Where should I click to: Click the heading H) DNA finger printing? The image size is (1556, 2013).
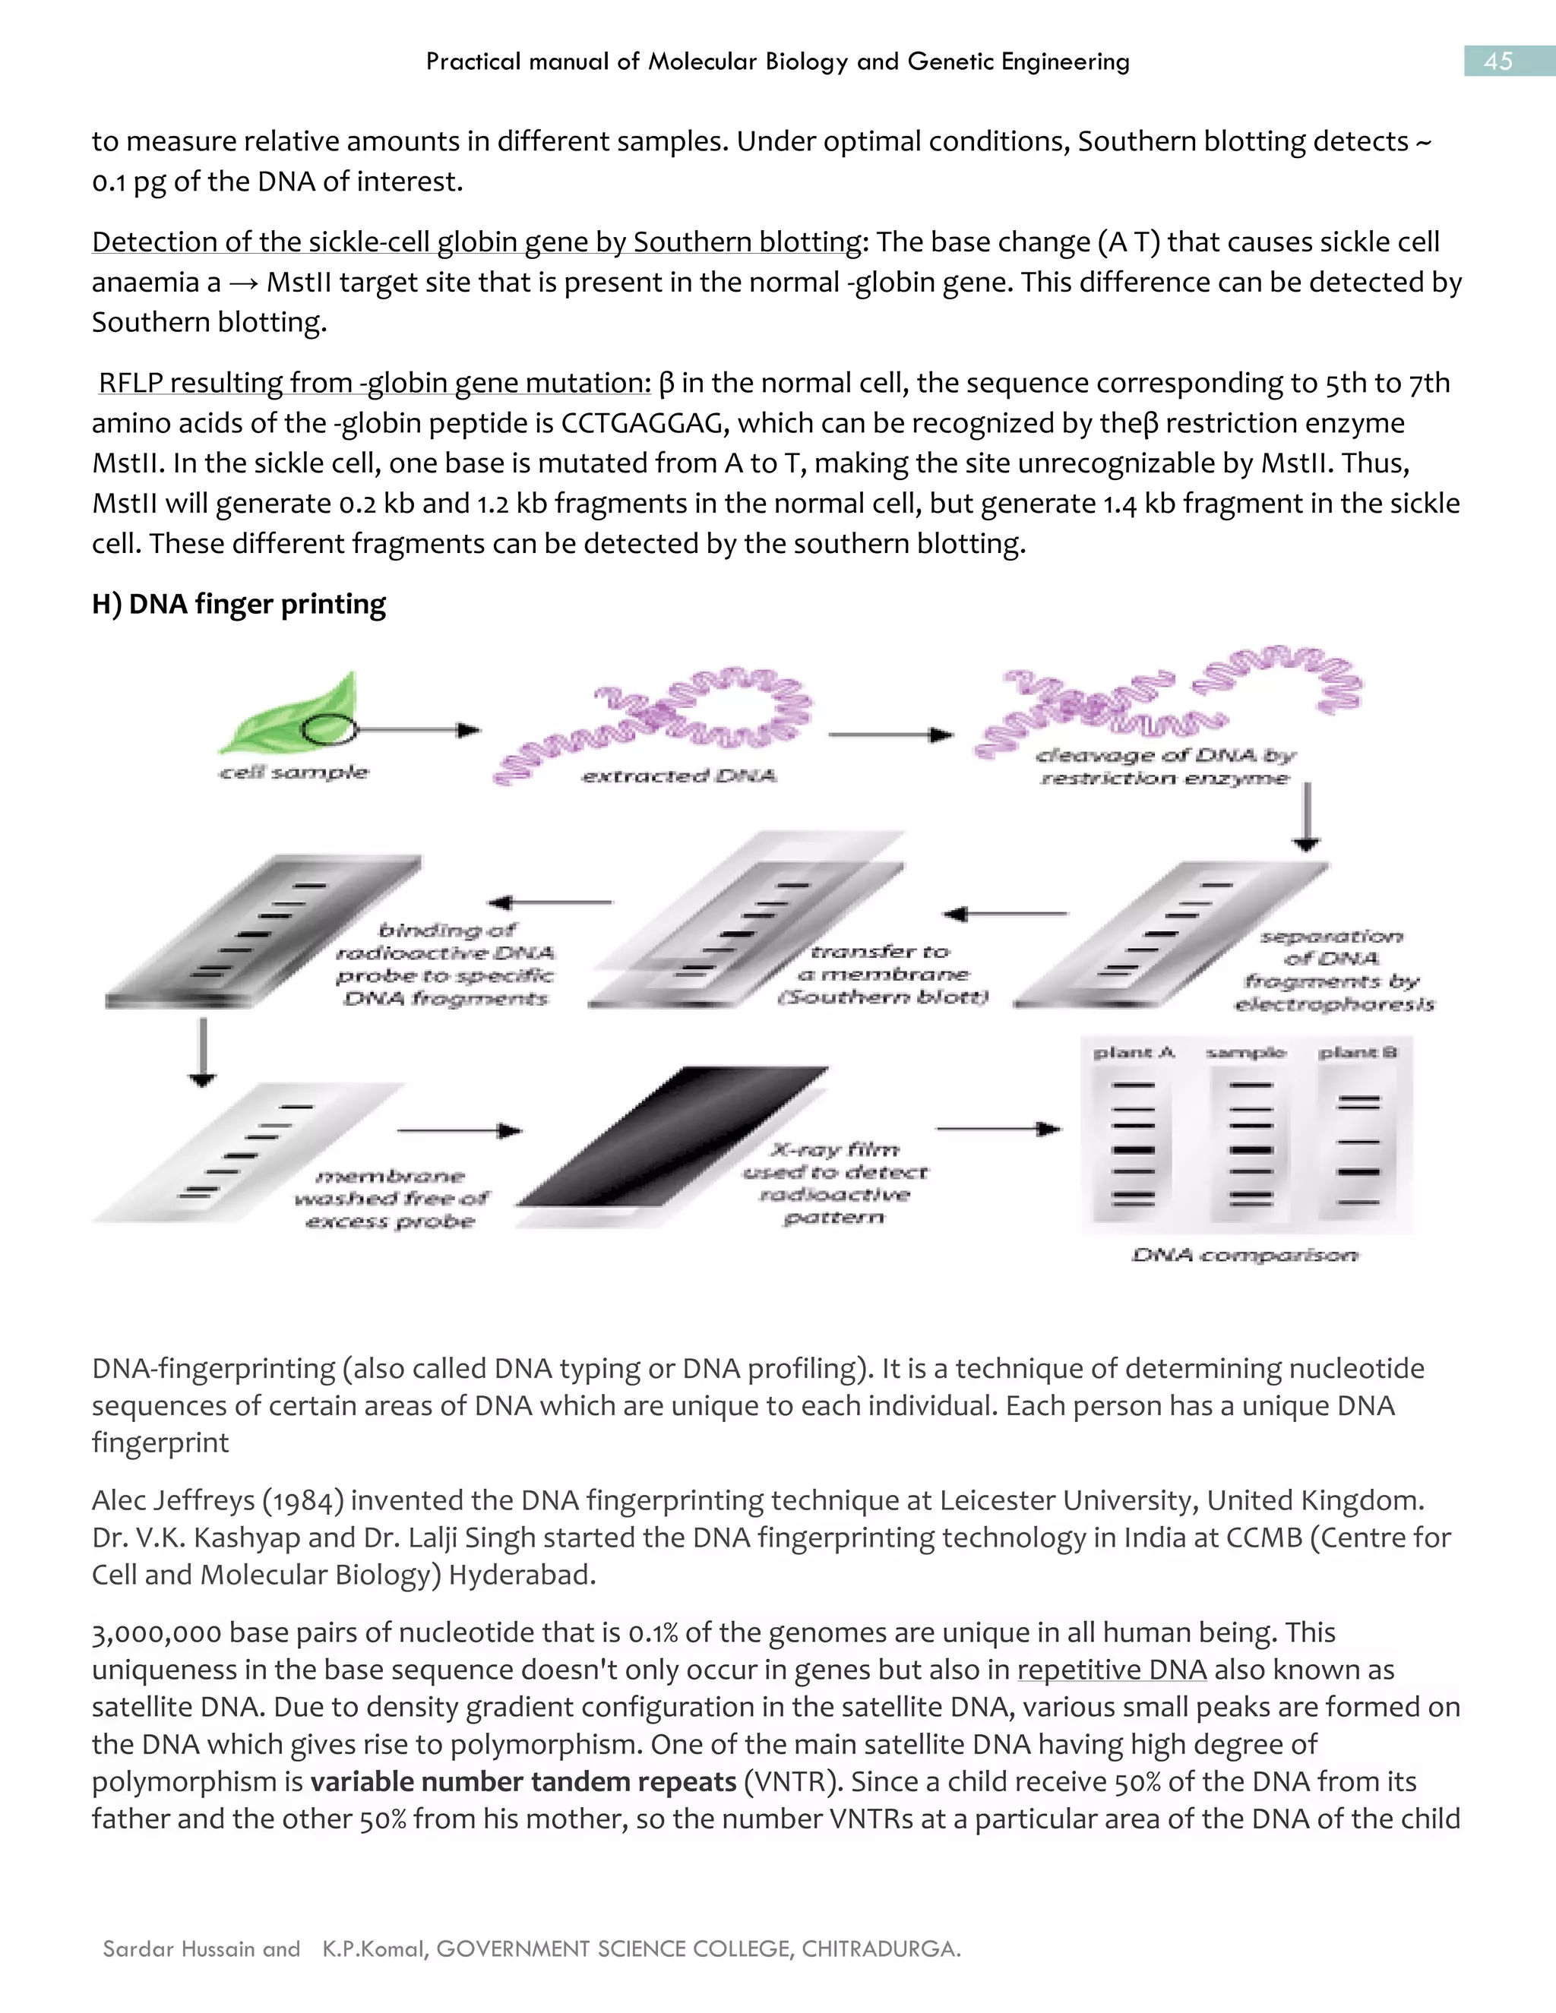239,604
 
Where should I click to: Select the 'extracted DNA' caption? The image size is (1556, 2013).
678,776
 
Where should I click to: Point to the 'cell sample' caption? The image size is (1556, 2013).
293,773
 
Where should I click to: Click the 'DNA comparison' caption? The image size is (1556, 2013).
1244,1254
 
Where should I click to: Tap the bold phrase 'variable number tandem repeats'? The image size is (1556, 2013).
523,1781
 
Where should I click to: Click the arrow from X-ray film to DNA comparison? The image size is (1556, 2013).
998,1128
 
